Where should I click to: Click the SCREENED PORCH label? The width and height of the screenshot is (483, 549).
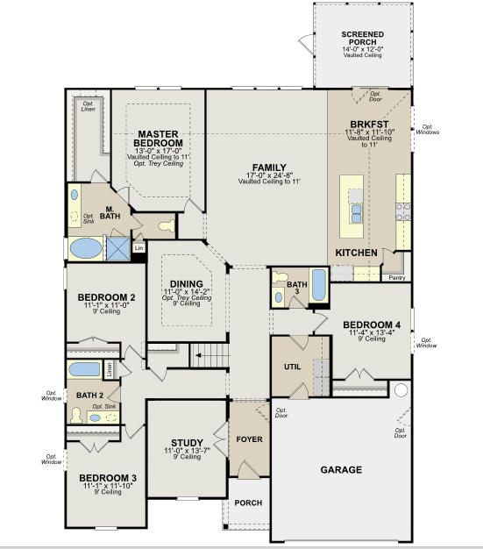[362, 39]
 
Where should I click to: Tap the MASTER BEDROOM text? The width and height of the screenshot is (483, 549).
[160, 139]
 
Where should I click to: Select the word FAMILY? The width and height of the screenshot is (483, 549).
[269, 167]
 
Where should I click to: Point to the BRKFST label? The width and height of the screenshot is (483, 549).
[370, 125]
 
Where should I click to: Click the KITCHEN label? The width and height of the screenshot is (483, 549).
[357, 253]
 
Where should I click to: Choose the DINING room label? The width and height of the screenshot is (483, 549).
[186, 283]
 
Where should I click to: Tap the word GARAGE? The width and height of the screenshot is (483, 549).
[340, 470]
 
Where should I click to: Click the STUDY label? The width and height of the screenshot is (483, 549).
[187, 442]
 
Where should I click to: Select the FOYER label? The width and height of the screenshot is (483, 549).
[250, 439]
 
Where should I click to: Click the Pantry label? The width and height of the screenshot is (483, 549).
[397, 277]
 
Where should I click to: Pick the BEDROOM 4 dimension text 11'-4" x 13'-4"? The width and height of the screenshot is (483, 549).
[372, 332]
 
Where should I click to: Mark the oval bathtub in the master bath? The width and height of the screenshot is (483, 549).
[85, 248]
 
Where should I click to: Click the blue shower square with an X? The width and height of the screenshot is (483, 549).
[117, 248]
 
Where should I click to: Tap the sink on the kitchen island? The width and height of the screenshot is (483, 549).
[357, 214]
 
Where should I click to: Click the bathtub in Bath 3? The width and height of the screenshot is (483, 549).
[316, 285]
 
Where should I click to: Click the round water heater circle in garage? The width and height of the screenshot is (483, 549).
[401, 389]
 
